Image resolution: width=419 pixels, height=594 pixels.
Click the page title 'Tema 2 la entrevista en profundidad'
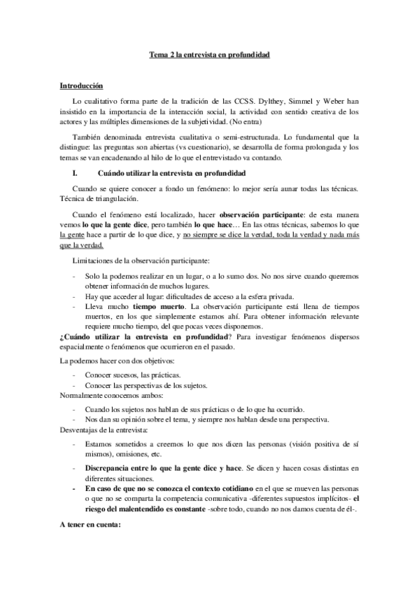tap(209, 55)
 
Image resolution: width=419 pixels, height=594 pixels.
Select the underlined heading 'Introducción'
tap(80, 86)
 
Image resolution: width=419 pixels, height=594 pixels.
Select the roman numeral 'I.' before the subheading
tap(65, 172)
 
